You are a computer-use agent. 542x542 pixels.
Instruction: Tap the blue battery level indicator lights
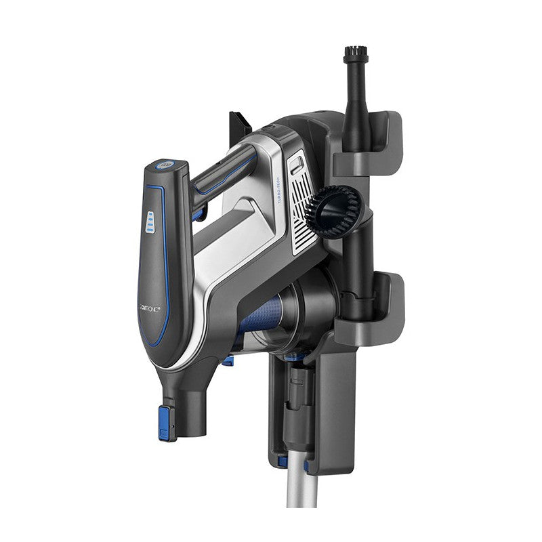[x=150, y=222]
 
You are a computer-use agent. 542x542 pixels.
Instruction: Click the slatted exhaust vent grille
[x=302, y=203]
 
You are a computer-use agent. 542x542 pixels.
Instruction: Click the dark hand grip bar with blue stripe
[x=224, y=173]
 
